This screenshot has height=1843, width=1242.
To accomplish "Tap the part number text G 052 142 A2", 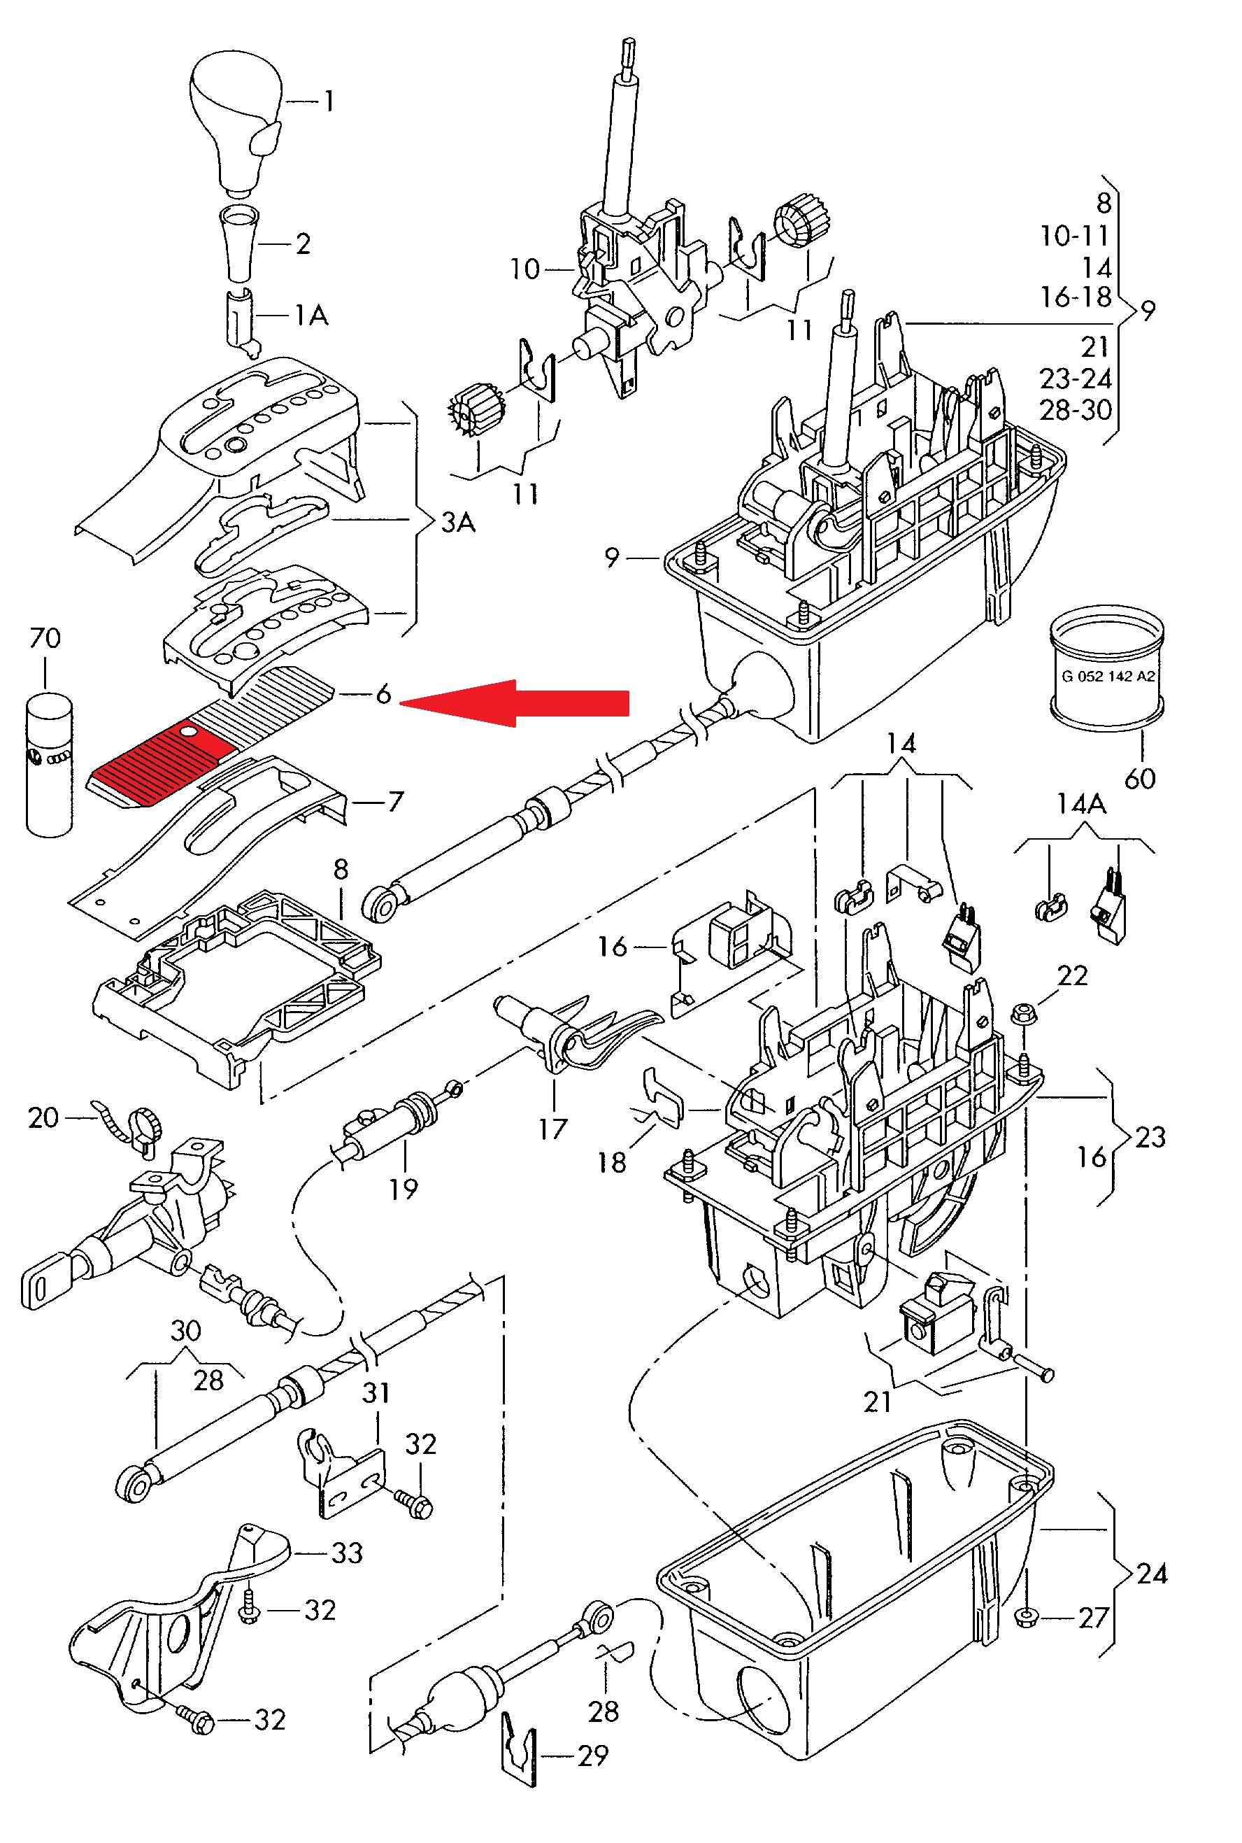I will tap(1107, 677).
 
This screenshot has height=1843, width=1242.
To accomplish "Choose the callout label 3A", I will tap(458, 522).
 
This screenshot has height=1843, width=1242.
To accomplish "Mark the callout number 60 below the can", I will tap(1140, 779).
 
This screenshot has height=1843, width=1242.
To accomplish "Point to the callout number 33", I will tap(347, 1553).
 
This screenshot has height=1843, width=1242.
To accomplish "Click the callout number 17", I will tap(553, 1129).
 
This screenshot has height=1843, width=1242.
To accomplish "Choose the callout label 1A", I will tap(310, 316).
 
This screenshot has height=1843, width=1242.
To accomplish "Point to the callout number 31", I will tap(376, 1392).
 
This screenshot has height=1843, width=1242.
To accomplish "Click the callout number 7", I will tap(395, 801).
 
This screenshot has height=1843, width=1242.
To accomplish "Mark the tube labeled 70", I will tap(49, 764).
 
